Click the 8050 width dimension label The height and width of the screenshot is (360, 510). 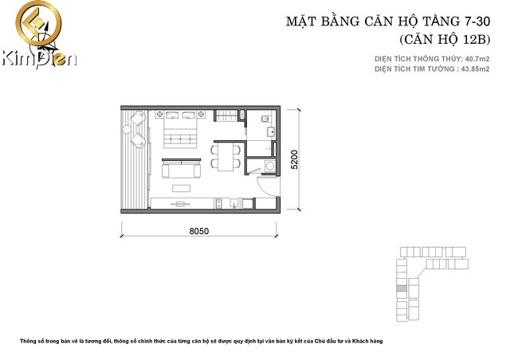[x=198, y=231]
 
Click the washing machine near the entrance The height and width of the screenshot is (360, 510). [x=269, y=166]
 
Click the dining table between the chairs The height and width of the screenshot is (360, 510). [x=226, y=155]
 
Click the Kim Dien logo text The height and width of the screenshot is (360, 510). [x=38, y=58]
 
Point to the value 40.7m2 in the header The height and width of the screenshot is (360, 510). [x=473, y=59]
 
